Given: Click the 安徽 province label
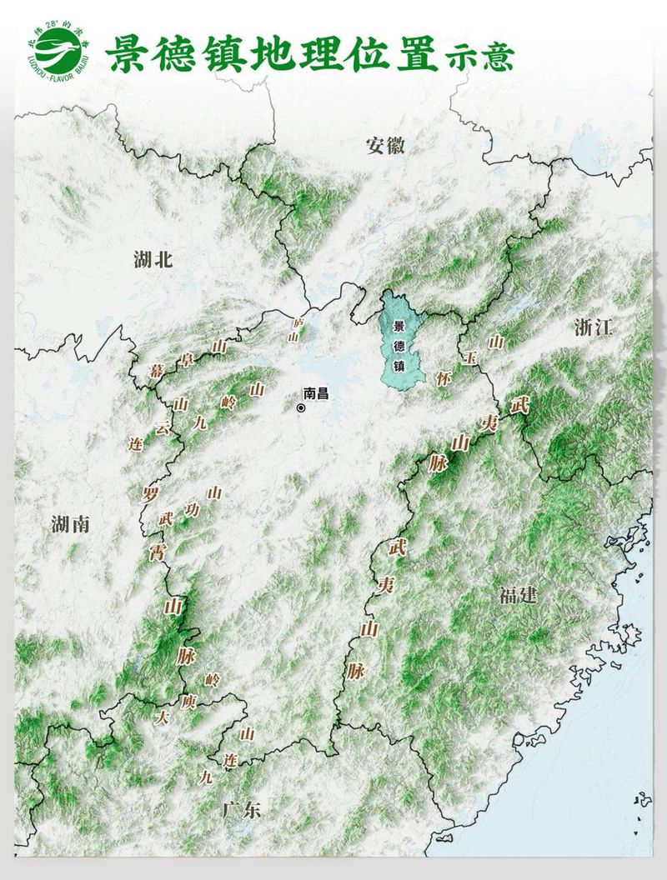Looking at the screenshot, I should click(385, 146).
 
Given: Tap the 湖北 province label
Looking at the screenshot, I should click(153, 260).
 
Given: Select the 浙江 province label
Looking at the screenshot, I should click(593, 327).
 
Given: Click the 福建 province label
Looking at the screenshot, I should click(518, 595).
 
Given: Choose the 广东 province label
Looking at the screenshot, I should click(242, 809).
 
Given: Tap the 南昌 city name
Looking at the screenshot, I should click(321, 392).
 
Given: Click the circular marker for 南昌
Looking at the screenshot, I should click(301, 408).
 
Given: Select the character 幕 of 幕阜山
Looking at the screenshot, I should click(156, 370).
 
